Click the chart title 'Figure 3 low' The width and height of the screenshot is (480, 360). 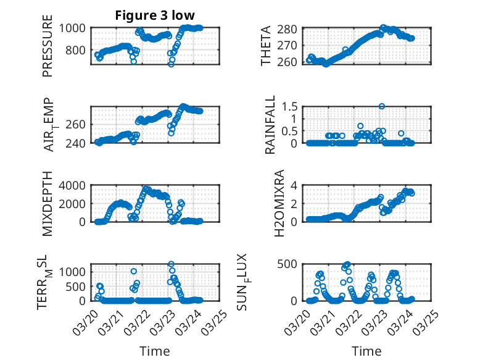point(155,15)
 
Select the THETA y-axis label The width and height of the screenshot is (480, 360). point(266,46)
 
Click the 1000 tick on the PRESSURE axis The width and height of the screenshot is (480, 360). point(76,28)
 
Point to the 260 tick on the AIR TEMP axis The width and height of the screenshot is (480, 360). point(79,124)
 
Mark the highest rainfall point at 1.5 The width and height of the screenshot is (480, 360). point(383,106)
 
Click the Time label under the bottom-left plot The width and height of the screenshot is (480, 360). point(155,351)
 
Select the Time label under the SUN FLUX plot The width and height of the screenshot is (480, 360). point(366,351)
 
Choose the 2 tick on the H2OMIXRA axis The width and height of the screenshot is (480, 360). point(296,203)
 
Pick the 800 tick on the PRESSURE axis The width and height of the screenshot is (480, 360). point(79,50)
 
